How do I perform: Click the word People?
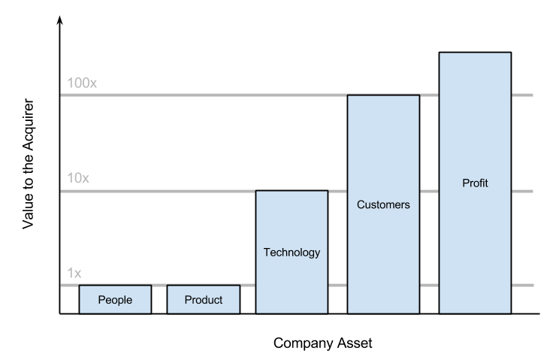(x=115, y=300)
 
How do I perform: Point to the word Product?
(x=203, y=300)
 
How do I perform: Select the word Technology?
(x=292, y=253)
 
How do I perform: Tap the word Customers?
(x=383, y=204)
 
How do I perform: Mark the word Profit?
(x=475, y=183)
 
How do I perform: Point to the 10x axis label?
(x=78, y=178)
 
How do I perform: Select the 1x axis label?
(x=74, y=274)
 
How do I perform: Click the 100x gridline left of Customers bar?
(x=203, y=95)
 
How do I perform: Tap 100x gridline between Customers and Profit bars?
(x=429, y=95)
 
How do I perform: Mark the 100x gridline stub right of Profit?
(x=522, y=95)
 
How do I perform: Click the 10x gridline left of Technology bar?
(x=158, y=192)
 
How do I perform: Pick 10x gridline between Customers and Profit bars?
(x=429, y=192)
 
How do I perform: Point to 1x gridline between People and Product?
(x=159, y=286)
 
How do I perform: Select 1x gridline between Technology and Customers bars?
(x=337, y=286)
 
